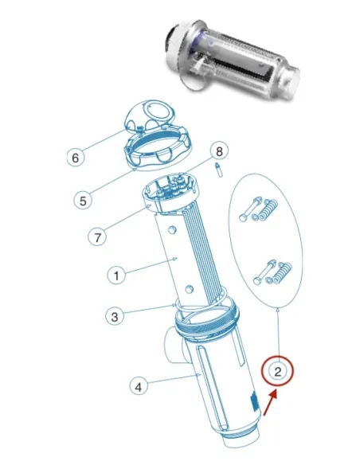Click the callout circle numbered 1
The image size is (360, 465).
[x=116, y=275]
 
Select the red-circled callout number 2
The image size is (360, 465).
[x=277, y=371]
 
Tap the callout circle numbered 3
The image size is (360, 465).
[x=115, y=316]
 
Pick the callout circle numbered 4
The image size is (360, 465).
[x=139, y=387]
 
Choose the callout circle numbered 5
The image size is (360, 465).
[x=83, y=201]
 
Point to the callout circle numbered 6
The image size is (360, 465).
[x=76, y=157]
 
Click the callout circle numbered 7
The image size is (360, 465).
[x=97, y=237]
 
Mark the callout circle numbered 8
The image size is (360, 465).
[x=219, y=151]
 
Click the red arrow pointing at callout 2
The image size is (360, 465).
[x=271, y=403]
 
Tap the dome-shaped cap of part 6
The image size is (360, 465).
[x=150, y=117]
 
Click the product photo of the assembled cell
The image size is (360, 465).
[x=233, y=61]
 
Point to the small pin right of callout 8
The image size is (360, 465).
[x=219, y=170]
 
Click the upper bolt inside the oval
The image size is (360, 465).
[x=250, y=209]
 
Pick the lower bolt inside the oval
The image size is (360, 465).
[x=264, y=272]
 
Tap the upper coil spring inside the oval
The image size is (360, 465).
[x=268, y=209]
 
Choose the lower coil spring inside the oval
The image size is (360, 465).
[x=282, y=272]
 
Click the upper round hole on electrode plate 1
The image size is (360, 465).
[x=172, y=229]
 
